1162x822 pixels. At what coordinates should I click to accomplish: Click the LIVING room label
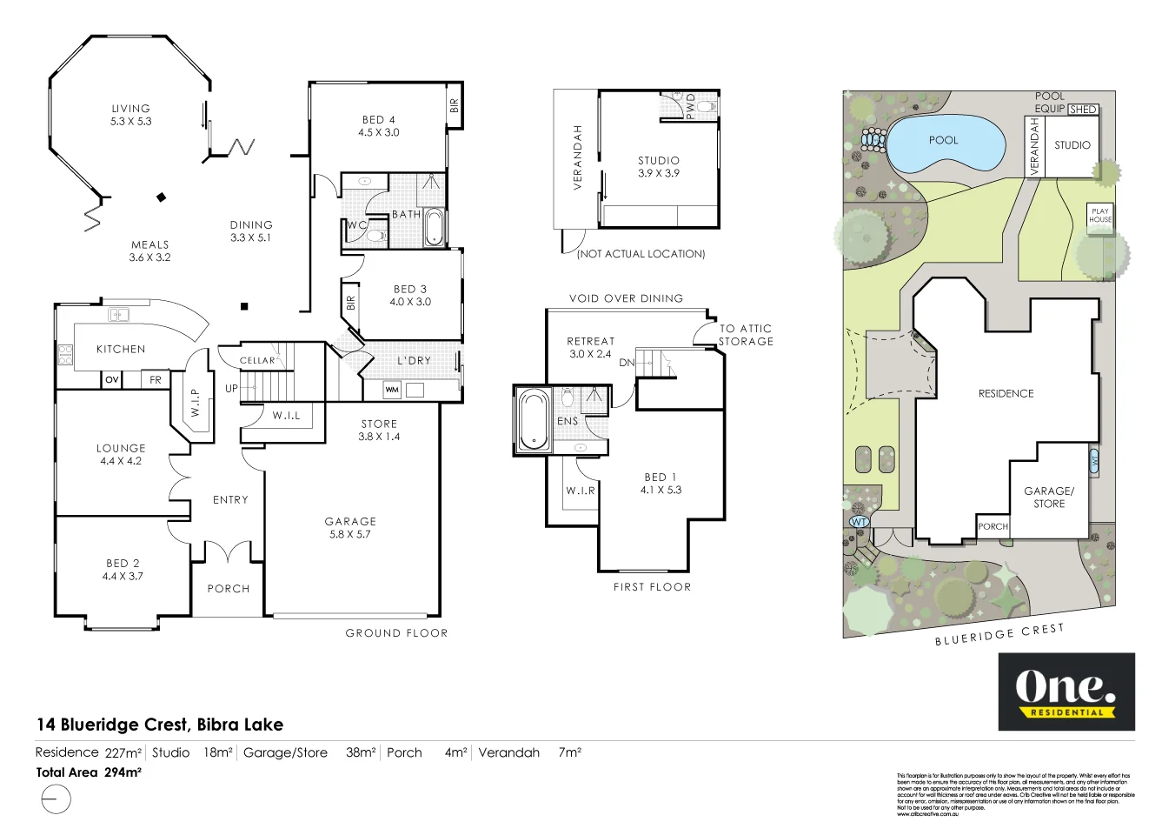tap(130, 109)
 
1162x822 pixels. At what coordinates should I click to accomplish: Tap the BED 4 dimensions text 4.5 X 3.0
tap(379, 133)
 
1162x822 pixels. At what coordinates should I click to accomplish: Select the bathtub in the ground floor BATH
tap(435, 227)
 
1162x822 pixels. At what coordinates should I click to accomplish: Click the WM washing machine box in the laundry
tap(392, 390)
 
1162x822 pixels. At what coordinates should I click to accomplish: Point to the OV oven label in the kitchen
tap(111, 380)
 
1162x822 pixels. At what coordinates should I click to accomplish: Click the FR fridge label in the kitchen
tap(156, 380)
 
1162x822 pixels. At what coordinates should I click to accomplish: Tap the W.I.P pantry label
tap(196, 402)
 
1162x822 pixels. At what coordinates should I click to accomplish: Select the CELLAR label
tap(257, 360)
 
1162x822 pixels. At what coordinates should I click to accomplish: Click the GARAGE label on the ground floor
tap(350, 521)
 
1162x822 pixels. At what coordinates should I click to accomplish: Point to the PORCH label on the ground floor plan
tap(229, 589)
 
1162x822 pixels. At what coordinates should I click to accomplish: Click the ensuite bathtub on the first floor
tap(533, 420)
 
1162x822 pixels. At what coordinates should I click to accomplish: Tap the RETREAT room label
tap(590, 342)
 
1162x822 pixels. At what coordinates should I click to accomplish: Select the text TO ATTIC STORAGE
tap(745, 335)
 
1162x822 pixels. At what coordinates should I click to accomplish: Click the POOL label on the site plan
tap(943, 140)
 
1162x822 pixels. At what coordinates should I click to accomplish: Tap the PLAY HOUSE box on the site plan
tap(1100, 216)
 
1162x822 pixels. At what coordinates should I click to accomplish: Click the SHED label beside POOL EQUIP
tap(1083, 110)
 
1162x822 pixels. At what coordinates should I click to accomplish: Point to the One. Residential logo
tap(1066, 692)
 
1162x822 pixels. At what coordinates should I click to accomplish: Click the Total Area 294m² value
tap(123, 772)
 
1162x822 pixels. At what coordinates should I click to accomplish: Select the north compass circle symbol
tap(54, 798)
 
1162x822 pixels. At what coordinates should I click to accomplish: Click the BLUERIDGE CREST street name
tap(999, 635)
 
